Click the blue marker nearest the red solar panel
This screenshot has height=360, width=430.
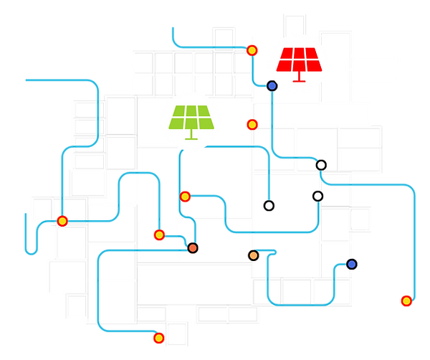272,87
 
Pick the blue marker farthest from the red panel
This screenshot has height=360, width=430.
352,265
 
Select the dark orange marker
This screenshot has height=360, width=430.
193,248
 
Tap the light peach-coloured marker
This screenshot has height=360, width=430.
253,255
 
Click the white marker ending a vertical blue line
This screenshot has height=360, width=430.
269,206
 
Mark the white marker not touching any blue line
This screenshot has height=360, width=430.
317,195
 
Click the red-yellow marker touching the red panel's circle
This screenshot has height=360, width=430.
253,50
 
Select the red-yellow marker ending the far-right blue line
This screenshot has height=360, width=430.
406,300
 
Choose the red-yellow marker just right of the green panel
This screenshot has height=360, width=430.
251,124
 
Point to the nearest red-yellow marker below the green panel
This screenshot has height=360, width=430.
186,195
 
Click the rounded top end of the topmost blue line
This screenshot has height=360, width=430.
172,29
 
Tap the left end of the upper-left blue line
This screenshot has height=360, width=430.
27,80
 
